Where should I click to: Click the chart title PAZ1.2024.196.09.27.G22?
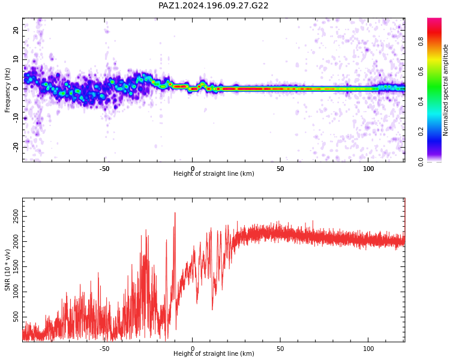pyautogui.click(x=213, y=5)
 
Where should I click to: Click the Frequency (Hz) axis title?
pyautogui.click(x=7, y=90)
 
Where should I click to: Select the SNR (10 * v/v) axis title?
pyautogui.click(x=7, y=270)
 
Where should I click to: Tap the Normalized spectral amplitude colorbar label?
pyautogui.click(x=445, y=90)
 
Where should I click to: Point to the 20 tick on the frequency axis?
pyautogui.click(x=16, y=30)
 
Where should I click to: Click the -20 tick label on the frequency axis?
pyautogui.click(x=16, y=147)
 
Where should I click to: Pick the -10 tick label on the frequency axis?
pyautogui.click(x=16, y=118)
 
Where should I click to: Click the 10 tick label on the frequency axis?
pyautogui.click(x=16, y=59)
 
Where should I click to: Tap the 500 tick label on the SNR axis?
pyautogui.click(x=16, y=317)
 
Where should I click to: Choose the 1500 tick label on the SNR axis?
pyautogui.click(x=16, y=266)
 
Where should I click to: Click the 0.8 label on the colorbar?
pyautogui.click(x=421, y=41)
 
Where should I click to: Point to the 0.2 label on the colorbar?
pyautogui.click(x=421, y=131)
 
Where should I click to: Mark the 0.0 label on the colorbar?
pyautogui.click(x=421, y=161)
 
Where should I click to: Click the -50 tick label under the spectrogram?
pyautogui.click(x=104, y=169)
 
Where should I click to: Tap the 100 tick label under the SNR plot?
pyautogui.click(x=368, y=349)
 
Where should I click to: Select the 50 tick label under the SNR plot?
pyautogui.click(x=280, y=349)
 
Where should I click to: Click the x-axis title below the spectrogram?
pyautogui.click(x=214, y=173)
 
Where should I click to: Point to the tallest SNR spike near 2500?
pyautogui.click(x=175, y=213)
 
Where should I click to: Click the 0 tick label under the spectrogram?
pyautogui.click(x=193, y=169)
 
